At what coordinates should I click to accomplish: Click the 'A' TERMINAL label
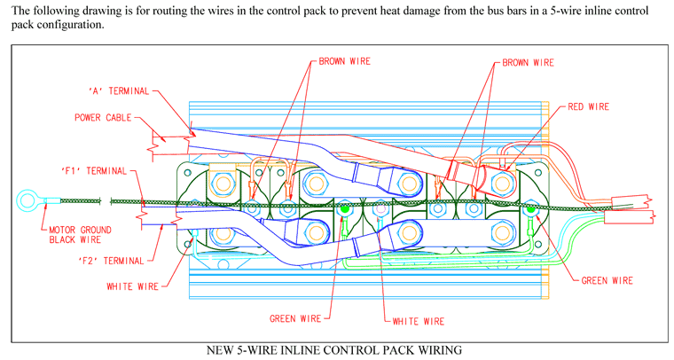(x=119, y=91)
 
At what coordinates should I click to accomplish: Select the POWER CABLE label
(x=103, y=118)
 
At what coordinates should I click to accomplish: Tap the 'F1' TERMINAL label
(x=94, y=171)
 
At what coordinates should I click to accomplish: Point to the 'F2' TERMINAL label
(x=111, y=261)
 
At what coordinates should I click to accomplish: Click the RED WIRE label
(x=589, y=107)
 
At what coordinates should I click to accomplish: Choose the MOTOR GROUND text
(x=80, y=230)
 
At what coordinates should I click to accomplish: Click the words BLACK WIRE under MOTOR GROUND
(x=74, y=239)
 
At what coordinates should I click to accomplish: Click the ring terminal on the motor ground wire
(x=27, y=200)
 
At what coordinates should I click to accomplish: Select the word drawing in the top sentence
(x=99, y=11)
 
